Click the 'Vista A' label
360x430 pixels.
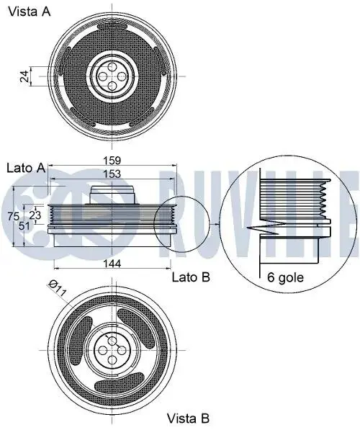pyautogui.click(x=30, y=12)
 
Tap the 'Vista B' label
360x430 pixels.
pyautogui.click(x=188, y=418)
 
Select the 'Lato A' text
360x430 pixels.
pyautogui.click(x=26, y=168)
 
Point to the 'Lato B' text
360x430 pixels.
pyautogui.click(x=191, y=277)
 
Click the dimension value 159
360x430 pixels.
pyautogui.click(x=112, y=161)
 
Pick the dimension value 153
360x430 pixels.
pyautogui.click(x=112, y=174)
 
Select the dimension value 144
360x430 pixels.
pyautogui.click(x=112, y=264)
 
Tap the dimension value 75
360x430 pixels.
pyautogui.click(x=14, y=216)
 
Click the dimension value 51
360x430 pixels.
pyautogui.click(x=24, y=226)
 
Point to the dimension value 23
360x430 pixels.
pyautogui.click(x=35, y=215)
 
